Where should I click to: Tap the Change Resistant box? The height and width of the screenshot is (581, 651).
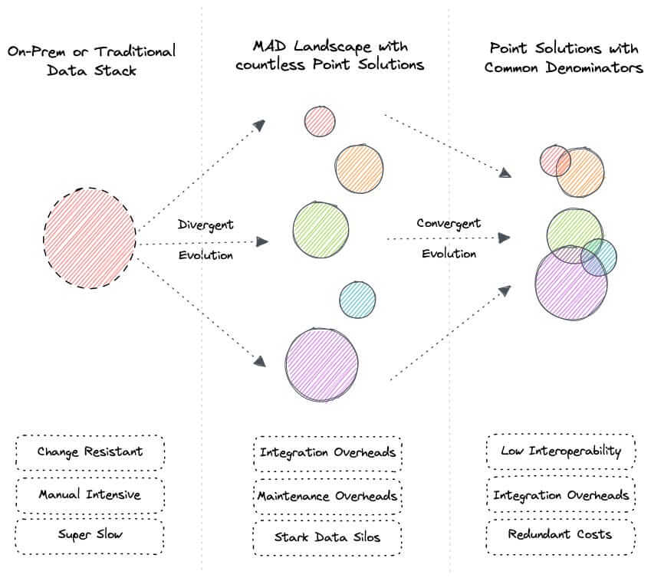tap(90, 451)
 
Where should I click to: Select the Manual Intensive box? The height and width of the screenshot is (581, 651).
tap(90, 494)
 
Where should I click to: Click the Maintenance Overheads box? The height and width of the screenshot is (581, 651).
tap(327, 495)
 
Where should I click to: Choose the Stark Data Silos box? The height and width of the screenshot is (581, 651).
tap(327, 537)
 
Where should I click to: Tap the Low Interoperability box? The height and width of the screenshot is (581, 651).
tap(561, 451)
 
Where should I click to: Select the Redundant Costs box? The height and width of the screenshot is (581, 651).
tap(561, 533)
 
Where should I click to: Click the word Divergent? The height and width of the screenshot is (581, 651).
tap(205, 225)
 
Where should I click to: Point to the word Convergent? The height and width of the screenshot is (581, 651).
tap(449, 223)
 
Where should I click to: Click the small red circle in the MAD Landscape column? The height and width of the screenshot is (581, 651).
tap(319, 121)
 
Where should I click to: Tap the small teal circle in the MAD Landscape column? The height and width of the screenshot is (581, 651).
tap(357, 300)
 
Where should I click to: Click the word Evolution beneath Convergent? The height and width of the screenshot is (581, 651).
tap(449, 254)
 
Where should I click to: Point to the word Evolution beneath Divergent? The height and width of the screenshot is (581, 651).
tap(205, 255)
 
